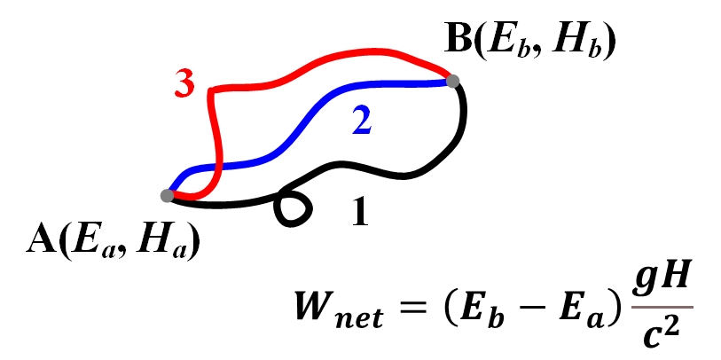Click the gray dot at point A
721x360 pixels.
[168, 195]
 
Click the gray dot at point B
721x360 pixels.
[452, 81]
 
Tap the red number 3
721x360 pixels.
[184, 85]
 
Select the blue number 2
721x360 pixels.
[360, 121]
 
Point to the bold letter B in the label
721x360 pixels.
[458, 41]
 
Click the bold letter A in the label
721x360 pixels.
[39, 240]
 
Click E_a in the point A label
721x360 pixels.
[82, 241]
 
